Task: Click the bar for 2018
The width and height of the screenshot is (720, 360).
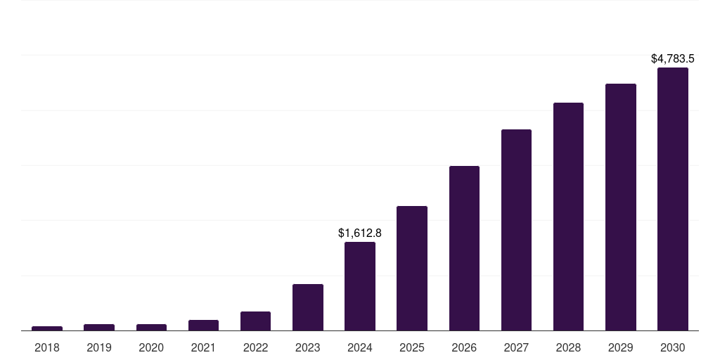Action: coord(47,328)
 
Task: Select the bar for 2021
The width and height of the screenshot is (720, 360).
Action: coord(203,326)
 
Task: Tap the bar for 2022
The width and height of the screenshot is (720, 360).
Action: coord(255,321)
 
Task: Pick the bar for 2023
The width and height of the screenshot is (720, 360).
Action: coord(308,307)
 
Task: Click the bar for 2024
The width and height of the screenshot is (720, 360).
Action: coord(360,286)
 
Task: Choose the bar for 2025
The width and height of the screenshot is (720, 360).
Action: coord(412,269)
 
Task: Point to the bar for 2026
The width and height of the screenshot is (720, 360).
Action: coord(464,248)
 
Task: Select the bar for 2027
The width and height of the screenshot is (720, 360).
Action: coord(516,230)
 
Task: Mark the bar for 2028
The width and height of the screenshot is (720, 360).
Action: coord(568,217)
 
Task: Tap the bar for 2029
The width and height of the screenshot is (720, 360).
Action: coord(621,207)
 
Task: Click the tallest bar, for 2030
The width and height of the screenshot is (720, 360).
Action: coord(673,199)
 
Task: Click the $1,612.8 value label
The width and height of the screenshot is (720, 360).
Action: coord(360,233)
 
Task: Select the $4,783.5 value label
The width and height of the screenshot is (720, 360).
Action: coord(673,58)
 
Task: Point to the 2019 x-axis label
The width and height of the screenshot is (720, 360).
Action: coord(99,347)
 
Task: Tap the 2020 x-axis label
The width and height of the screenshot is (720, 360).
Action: coord(151,347)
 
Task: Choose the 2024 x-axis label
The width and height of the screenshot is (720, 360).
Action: coord(360,347)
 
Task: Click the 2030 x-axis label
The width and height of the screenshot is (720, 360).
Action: coord(673,347)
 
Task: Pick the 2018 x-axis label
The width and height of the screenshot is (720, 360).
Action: coord(47,347)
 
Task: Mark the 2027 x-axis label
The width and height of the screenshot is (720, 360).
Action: coord(516,347)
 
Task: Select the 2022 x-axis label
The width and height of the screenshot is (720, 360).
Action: coord(255,347)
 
